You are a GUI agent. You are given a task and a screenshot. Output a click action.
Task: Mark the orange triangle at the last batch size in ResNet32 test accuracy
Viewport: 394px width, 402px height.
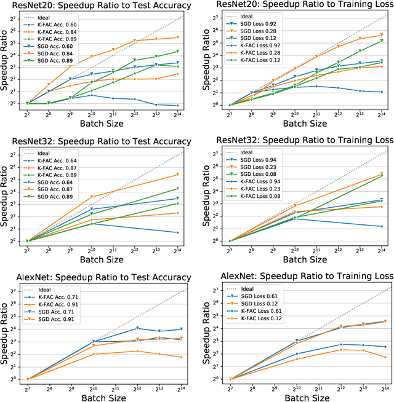coord(178,175)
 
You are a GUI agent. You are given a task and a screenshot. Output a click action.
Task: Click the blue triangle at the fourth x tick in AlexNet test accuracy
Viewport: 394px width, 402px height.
coord(137,328)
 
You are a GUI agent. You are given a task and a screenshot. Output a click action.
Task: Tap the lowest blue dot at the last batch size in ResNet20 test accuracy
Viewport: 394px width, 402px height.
coord(178,106)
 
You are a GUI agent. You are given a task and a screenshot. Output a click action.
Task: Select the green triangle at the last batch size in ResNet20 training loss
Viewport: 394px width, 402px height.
coord(381,41)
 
